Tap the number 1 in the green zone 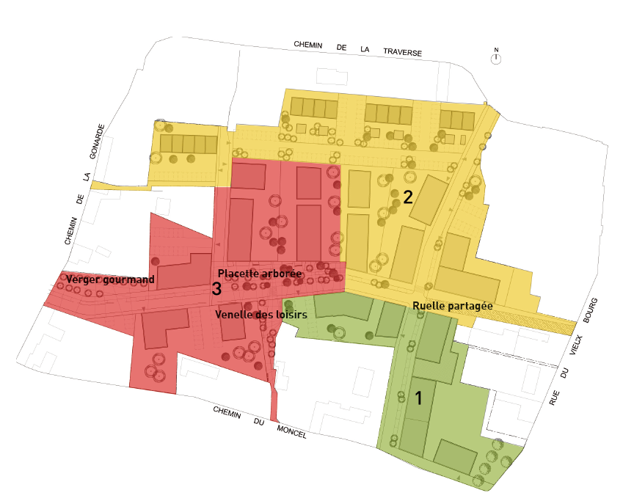click(x=418, y=398)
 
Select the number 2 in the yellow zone click(x=408, y=197)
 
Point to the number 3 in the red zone click(x=216, y=289)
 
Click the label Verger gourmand click(x=110, y=279)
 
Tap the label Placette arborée click(x=260, y=273)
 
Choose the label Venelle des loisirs click(x=260, y=314)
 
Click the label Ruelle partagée click(x=453, y=306)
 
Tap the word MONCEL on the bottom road click(x=291, y=433)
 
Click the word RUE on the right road click(x=555, y=397)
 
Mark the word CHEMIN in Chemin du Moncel click(x=227, y=414)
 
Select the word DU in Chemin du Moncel click(x=258, y=423)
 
